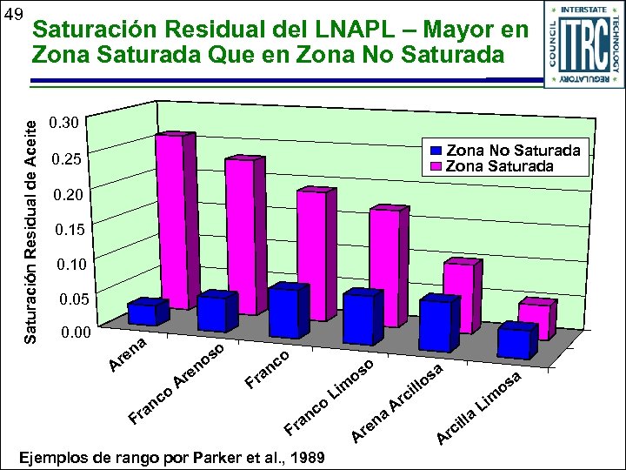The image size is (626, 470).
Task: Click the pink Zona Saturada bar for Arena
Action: (170, 218)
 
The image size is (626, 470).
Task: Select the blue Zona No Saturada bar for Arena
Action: (147, 314)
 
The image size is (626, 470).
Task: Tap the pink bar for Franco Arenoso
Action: (238, 235)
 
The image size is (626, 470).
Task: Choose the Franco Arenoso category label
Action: (179, 384)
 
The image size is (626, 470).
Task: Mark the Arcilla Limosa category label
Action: (479, 406)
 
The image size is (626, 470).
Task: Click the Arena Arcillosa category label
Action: (400, 400)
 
